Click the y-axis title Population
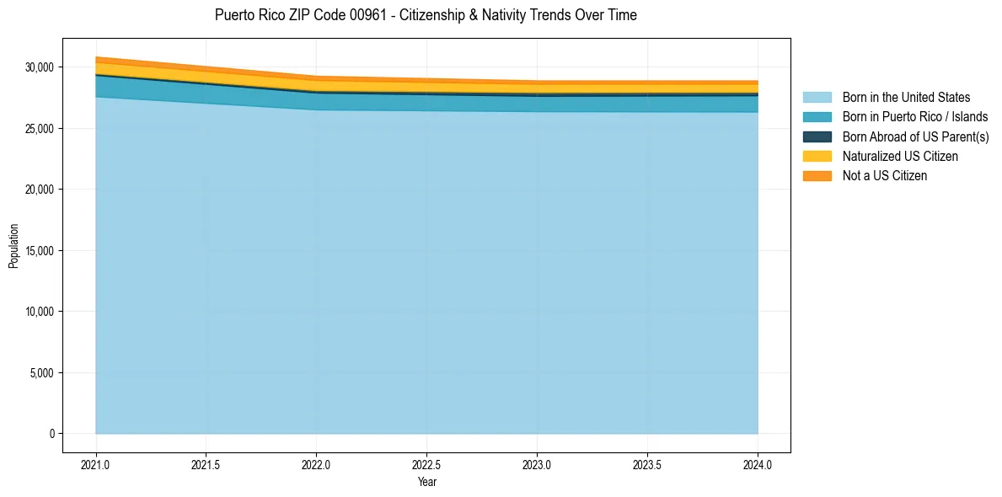click(x=13, y=246)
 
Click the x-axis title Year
click(x=426, y=482)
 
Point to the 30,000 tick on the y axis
click(x=38, y=67)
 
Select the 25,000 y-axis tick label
click(x=38, y=129)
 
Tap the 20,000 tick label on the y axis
click(x=38, y=190)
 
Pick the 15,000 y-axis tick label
click(x=38, y=251)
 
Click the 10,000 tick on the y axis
click(x=38, y=312)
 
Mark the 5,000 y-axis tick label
click(x=40, y=373)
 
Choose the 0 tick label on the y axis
click(x=51, y=434)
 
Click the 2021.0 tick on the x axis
click(x=96, y=464)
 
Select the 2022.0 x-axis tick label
click(x=316, y=464)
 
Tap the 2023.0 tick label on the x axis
click(x=537, y=464)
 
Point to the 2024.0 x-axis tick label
click(x=758, y=464)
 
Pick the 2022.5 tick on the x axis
click(x=426, y=464)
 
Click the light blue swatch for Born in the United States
click(x=817, y=98)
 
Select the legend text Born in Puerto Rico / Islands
click(x=915, y=117)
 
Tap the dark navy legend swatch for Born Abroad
click(x=817, y=136)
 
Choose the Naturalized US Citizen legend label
click(x=900, y=157)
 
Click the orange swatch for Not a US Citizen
click(x=817, y=176)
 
